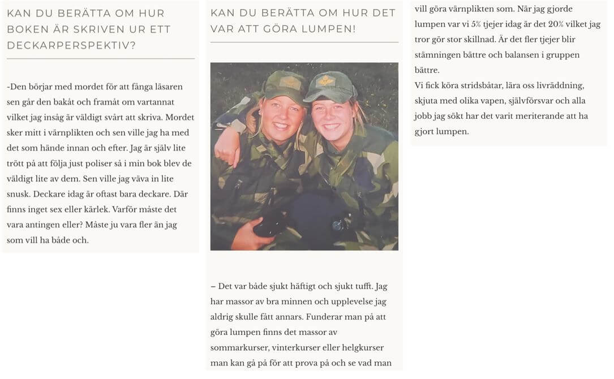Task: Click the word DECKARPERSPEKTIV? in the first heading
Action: (x=71, y=45)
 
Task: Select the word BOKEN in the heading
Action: (x=27, y=29)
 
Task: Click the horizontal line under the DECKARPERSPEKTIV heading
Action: (x=101, y=58)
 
